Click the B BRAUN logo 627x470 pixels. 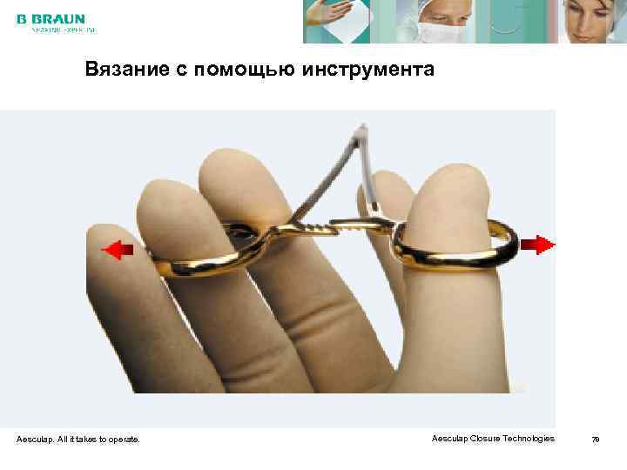(50, 19)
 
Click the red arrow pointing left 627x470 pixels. (118, 251)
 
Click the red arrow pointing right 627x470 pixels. (543, 245)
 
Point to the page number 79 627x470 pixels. (596, 440)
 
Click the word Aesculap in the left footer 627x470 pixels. (35, 440)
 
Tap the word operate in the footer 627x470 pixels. (123, 440)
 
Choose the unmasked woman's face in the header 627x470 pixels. (592, 21)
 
